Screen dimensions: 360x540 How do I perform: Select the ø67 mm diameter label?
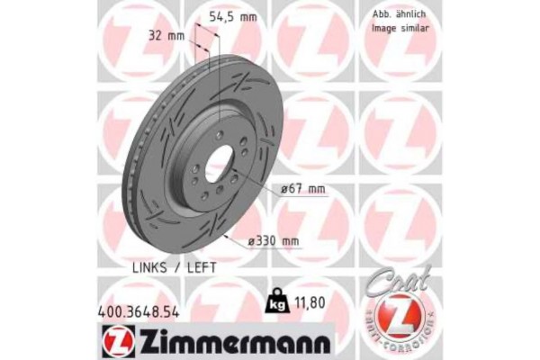(x=302, y=188)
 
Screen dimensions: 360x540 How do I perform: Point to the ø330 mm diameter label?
(x=274, y=240)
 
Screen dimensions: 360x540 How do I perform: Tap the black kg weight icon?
(x=275, y=304)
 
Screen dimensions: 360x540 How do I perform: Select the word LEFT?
(x=200, y=268)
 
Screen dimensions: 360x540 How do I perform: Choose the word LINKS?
(x=154, y=268)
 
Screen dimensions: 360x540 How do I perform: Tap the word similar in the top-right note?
(x=416, y=29)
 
